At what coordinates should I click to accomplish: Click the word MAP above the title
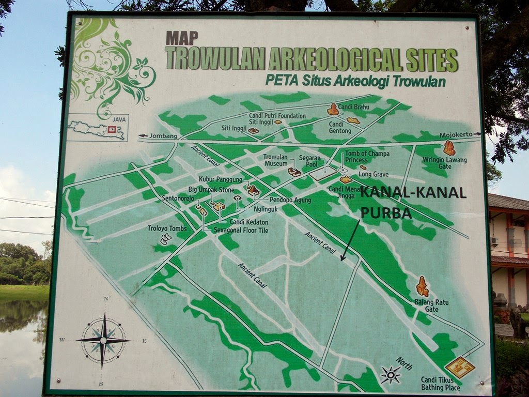(181, 39)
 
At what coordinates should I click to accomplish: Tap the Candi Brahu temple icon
(333, 109)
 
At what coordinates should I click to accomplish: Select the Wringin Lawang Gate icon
(449, 148)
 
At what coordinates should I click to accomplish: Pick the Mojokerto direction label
(456, 135)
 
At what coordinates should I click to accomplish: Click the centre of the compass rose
(103, 340)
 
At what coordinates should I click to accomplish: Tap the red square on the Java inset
(111, 129)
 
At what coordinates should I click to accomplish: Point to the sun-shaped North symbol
(390, 374)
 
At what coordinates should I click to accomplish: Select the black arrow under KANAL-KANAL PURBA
(350, 240)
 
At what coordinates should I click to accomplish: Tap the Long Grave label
(374, 175)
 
